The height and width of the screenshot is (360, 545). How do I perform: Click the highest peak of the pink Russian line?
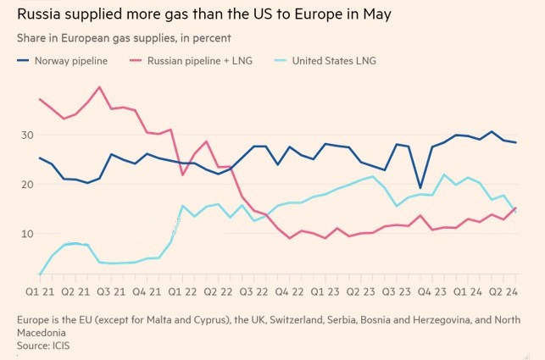[x=101, y=87]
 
